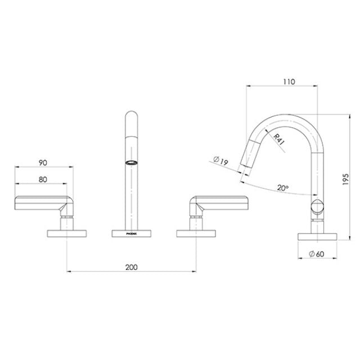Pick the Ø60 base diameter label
pyautogui.click(x=318, y=255)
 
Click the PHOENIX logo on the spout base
pyautogui.click(x=130, y=231)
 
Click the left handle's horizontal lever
pyautogui.click(x=42, y=202)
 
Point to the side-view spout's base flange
pyautogui.click(x=318, y=235)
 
